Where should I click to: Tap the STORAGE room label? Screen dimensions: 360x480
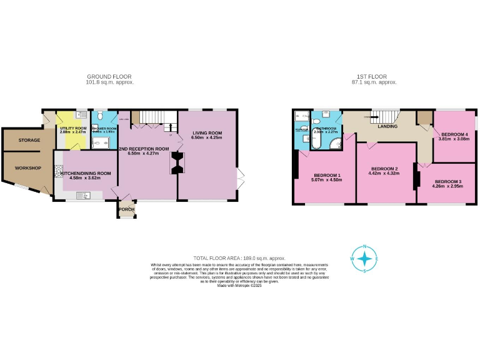pyautogui.click(x=29, y=141)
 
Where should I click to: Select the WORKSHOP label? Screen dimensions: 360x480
pyautogui.click(x=28, y=168)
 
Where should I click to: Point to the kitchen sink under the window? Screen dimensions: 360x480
pyautogui.click(x=83, y=196)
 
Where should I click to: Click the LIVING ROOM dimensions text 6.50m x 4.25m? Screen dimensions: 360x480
pyautogui.click(x=206, y=138)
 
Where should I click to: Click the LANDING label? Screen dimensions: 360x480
pyautogui.click(x=388, y=126)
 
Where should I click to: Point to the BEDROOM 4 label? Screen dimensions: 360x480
pyautogui.click(x=454, y=134)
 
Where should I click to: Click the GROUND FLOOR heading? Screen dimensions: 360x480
pyautogui.click(x=109, y=77)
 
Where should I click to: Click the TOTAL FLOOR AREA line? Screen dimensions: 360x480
pyautogui.click(x=239, y=258)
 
